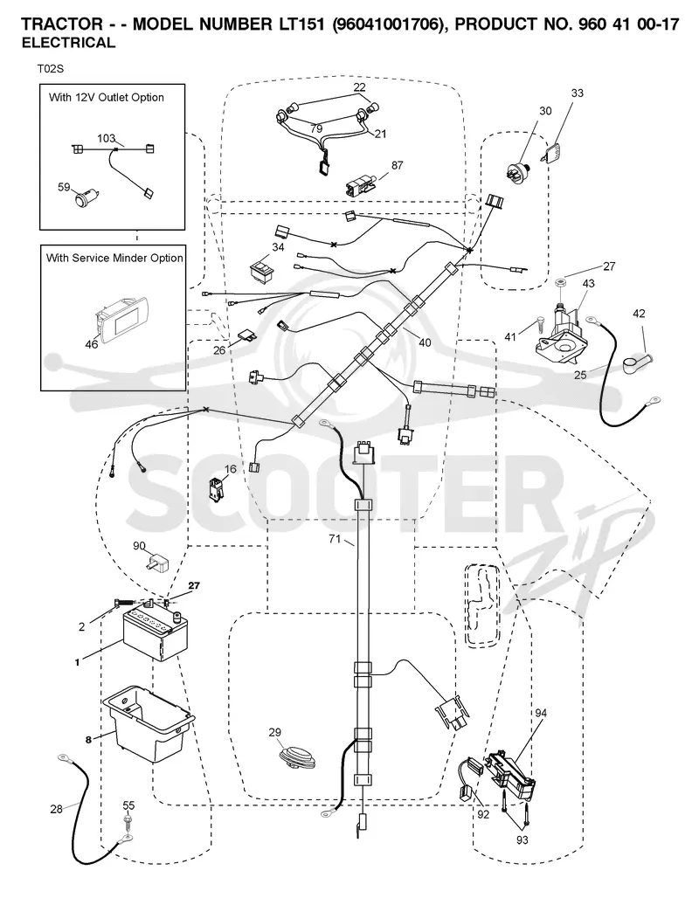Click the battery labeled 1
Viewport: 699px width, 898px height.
pos(156,634)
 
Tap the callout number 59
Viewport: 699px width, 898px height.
pos(64,187)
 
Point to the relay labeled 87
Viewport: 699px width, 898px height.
pos(361,187)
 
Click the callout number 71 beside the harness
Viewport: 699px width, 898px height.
pos(335,539)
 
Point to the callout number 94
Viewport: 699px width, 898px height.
pos(541,713)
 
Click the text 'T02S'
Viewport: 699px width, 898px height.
pos(51,69)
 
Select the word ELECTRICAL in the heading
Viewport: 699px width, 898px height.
pos(68,43)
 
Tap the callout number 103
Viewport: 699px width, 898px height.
pos(106,138)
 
